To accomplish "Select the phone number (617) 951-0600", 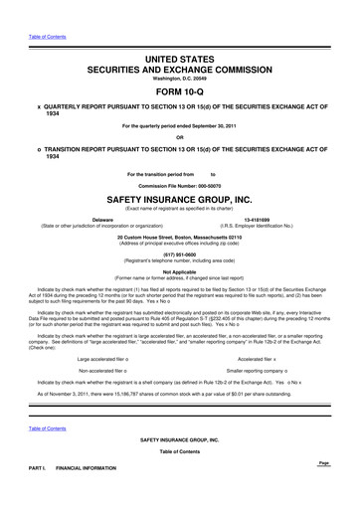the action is click(x=180, y=252).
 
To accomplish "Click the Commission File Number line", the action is click(x=179, y=187).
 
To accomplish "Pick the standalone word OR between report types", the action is click(x=179, y=137).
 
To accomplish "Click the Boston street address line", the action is click(x=180, y=236).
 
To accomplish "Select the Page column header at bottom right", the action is click(x=322, y=462).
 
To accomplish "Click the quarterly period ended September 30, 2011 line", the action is click(x=179, y=126).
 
